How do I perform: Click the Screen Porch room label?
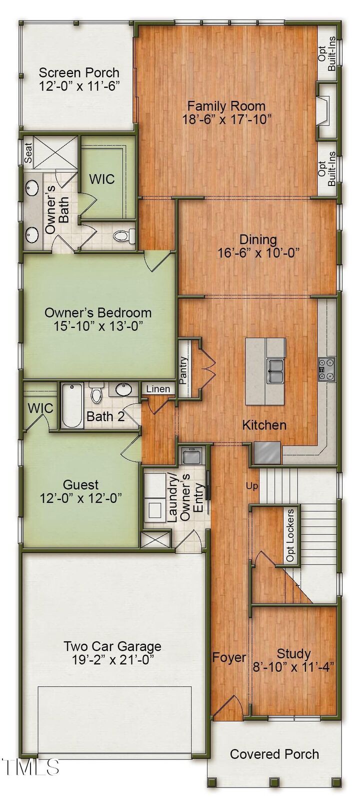coord(79,73)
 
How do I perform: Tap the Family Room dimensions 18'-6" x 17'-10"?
coord(226,119)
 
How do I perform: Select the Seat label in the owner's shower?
coord(28,152)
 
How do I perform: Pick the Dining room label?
coord(258,239)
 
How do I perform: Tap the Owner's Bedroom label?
coord(98,313)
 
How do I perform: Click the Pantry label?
coord(184,370)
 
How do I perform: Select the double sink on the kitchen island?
coord(275,370)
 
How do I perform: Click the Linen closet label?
coord(158,389)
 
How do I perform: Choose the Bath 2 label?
coord(105,416)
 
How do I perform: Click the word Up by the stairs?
coord(252,485)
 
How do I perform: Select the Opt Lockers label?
coord(290,535)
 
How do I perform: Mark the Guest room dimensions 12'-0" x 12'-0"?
coord(81,498)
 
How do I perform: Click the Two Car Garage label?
coord(112,646)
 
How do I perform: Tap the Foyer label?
coord(229,657)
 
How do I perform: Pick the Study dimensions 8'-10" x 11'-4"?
coord(294,667)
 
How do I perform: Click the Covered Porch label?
coord(274,754)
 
